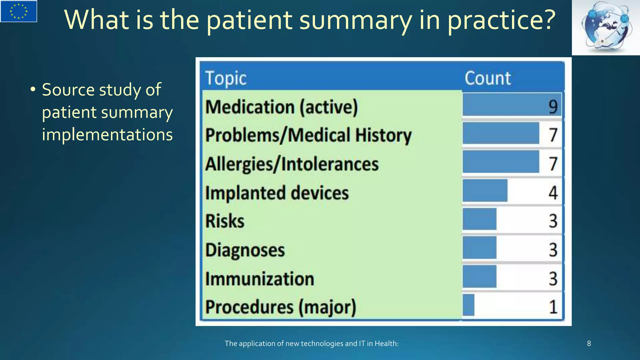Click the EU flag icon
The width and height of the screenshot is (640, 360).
tap(19, 11)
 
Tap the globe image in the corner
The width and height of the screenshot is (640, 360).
tap(606, 27)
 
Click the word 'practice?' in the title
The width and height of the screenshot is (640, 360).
tap(502, 20)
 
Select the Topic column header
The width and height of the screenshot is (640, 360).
tap(226, 78)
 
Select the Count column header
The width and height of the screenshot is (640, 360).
tap(487, 78)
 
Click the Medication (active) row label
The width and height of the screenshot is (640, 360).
tap(282, 107)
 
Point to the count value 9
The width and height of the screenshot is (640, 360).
tap(553, 107)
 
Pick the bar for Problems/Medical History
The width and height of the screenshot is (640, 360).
tap(501, 133)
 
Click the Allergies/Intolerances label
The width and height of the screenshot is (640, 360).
tap(292, 164)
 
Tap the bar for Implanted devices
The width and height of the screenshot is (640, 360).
tap(485, 191)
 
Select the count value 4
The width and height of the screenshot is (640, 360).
tap(553, 192)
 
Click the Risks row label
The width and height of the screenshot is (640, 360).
tap(225, 221)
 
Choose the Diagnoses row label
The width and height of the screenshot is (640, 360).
tap(245, 250)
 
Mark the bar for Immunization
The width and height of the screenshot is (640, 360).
tap(479, 277)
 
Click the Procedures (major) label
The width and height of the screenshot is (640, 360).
tap(281, 307)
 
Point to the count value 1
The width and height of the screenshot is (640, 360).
tap(553, 307)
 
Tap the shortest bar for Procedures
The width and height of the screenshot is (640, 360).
tap(468, 305)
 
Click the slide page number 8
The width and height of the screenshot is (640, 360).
tap(589, 344)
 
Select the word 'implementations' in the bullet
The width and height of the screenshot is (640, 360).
tap(107, 135)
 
